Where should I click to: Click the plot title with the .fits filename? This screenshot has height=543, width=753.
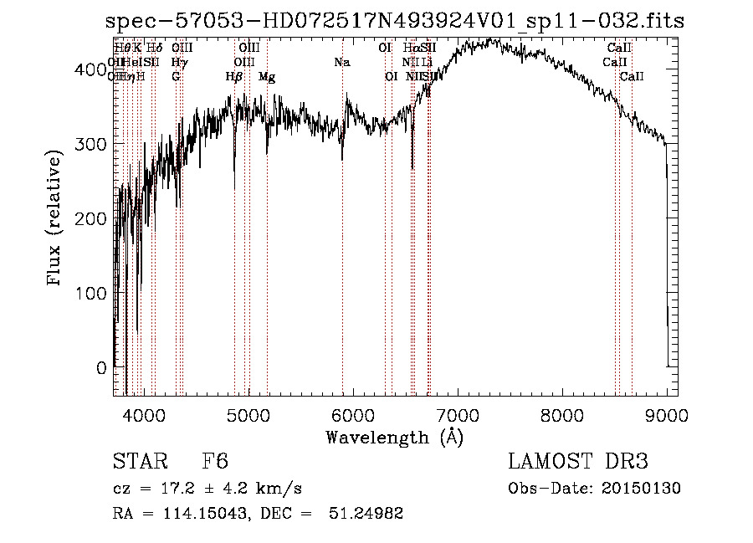click(x=395, y=21)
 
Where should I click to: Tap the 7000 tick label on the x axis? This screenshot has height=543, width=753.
click(x=458, y=415)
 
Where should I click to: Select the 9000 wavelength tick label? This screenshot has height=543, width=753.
click(x=667, y=415)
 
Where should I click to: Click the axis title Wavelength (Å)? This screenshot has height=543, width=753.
click(x=394, y=437)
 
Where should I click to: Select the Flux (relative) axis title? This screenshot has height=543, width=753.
click(x=56, y=219)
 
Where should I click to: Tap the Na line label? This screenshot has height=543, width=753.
click(x=341, y=62)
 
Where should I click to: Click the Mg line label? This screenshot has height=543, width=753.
click(x=267, y=77)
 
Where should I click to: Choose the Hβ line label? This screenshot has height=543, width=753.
click(x=234, y=77)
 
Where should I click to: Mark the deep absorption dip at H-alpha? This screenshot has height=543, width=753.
click(x=412, y=163)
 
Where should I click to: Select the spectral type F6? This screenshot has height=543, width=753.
click(x=215, y=463)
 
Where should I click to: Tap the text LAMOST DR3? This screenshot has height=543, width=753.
click(x=578, y=462)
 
